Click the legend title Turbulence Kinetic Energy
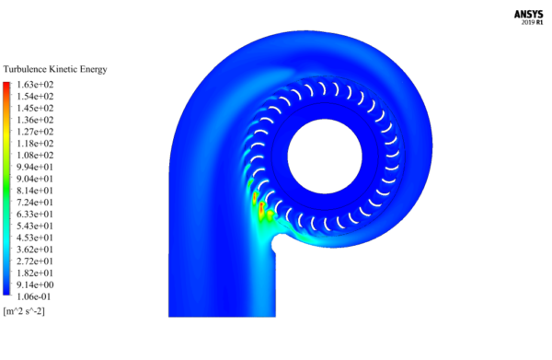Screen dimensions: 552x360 point(55,69)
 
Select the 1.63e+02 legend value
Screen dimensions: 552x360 point(35,85)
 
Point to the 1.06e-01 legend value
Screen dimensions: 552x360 point(33,296)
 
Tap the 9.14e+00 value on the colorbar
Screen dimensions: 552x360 point(35,285)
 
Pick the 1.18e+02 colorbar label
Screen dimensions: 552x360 point(35,144)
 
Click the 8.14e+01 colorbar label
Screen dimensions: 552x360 point(35,191)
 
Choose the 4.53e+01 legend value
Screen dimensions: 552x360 point(35,238)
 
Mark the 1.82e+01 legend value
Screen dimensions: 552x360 point(35,273)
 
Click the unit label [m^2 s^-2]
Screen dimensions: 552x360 point(24,311)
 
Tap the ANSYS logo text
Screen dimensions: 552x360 point(528,15)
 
